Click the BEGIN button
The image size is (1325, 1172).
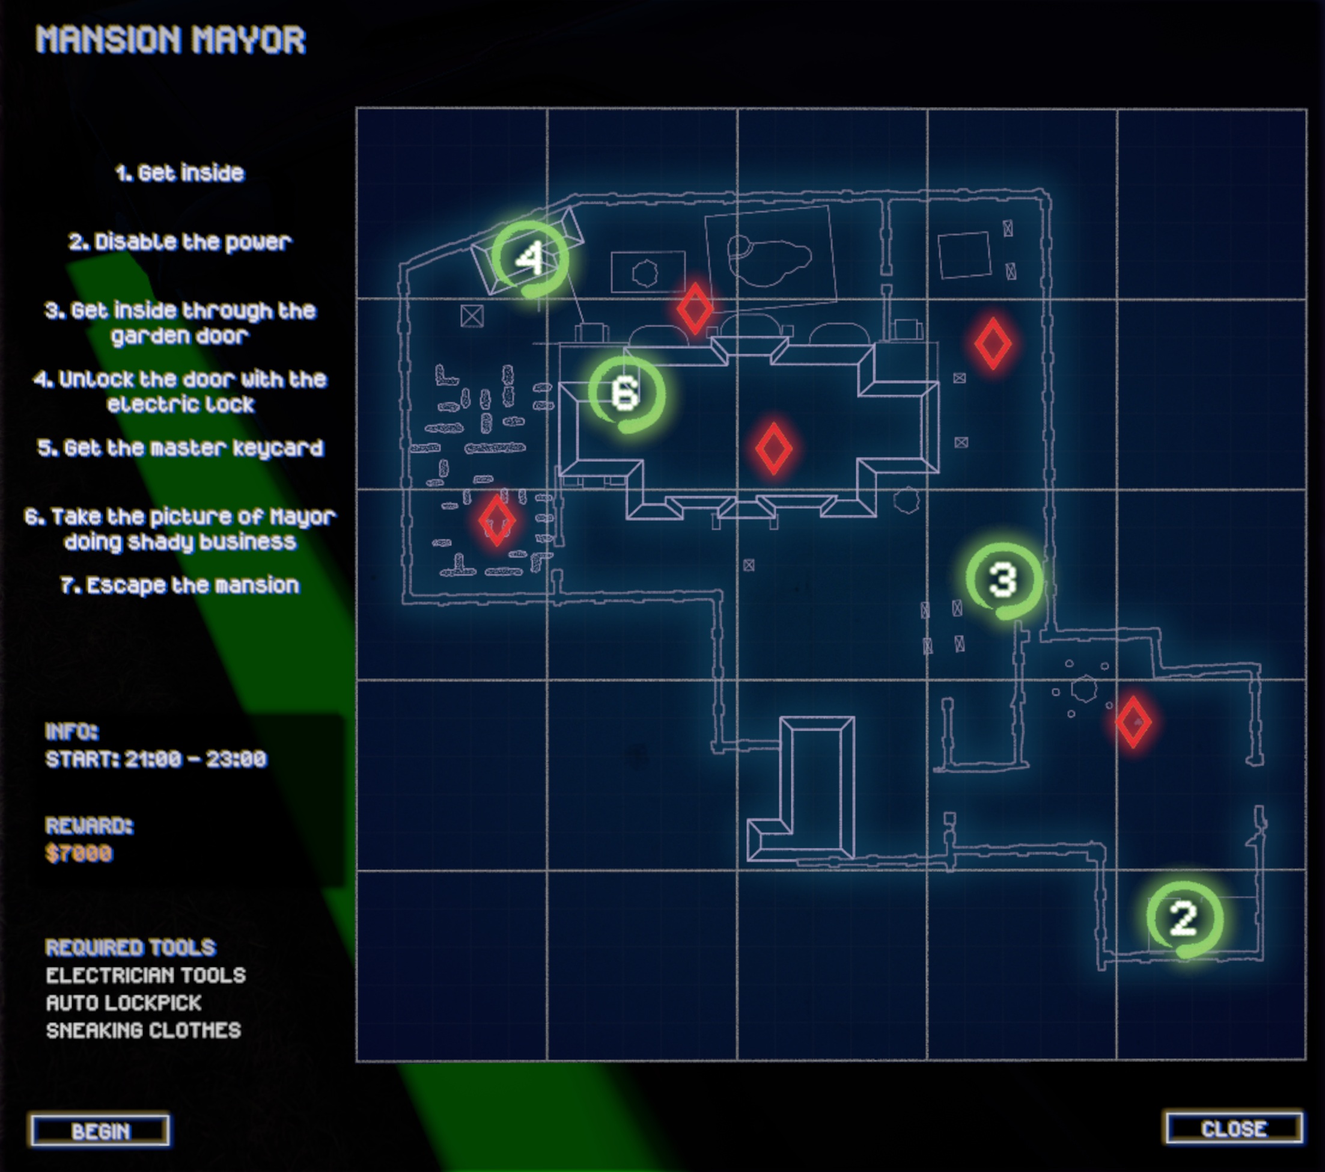[x=100, y=1131]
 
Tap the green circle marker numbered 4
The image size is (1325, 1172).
[x=530, y=258]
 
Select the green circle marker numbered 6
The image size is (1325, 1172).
[x=626, y=393]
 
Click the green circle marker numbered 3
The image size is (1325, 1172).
[x=1004, y=580]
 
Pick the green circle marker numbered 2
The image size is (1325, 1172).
[x=1184, y=918]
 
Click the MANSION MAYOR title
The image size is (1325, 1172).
[x=171, y=40]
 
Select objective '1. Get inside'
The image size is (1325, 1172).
[x=180, y=173]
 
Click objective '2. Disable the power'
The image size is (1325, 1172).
[x=180, y=242]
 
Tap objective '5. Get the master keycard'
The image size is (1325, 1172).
[x=180, y=448]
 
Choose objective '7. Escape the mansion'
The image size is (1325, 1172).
[x=180, y=585]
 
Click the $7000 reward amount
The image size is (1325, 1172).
[x=79, y=853]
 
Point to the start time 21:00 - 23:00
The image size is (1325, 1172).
[x=156, y=759]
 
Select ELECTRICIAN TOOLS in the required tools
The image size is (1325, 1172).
[x=146, y=975]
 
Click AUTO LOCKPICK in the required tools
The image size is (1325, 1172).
[x=124, y=1002]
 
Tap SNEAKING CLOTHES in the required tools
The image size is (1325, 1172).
[x=143, y=1030]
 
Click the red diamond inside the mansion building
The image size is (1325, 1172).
[x=773, y=448]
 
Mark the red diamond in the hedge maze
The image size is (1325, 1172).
[x=497, y=520]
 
